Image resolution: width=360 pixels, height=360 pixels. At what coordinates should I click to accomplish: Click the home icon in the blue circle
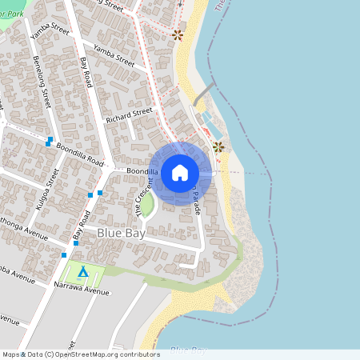pos(180,172)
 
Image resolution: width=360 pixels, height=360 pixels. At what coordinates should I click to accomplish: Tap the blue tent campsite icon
pos(82,272)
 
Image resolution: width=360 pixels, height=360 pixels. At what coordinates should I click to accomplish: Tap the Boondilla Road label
pos(80,151)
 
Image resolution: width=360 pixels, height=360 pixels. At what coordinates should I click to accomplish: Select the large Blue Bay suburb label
pos(118,232)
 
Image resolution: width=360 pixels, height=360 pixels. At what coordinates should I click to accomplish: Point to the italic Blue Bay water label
pos(189,350)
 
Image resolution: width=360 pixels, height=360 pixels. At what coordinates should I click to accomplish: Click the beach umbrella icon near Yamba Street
pos(178,34)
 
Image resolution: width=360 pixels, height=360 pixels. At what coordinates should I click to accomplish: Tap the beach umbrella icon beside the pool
pos(218,146)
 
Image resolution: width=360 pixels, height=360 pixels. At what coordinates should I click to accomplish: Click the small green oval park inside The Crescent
pos(146,206)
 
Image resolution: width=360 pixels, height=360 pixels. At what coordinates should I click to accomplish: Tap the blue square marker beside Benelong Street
pos(50,141)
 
